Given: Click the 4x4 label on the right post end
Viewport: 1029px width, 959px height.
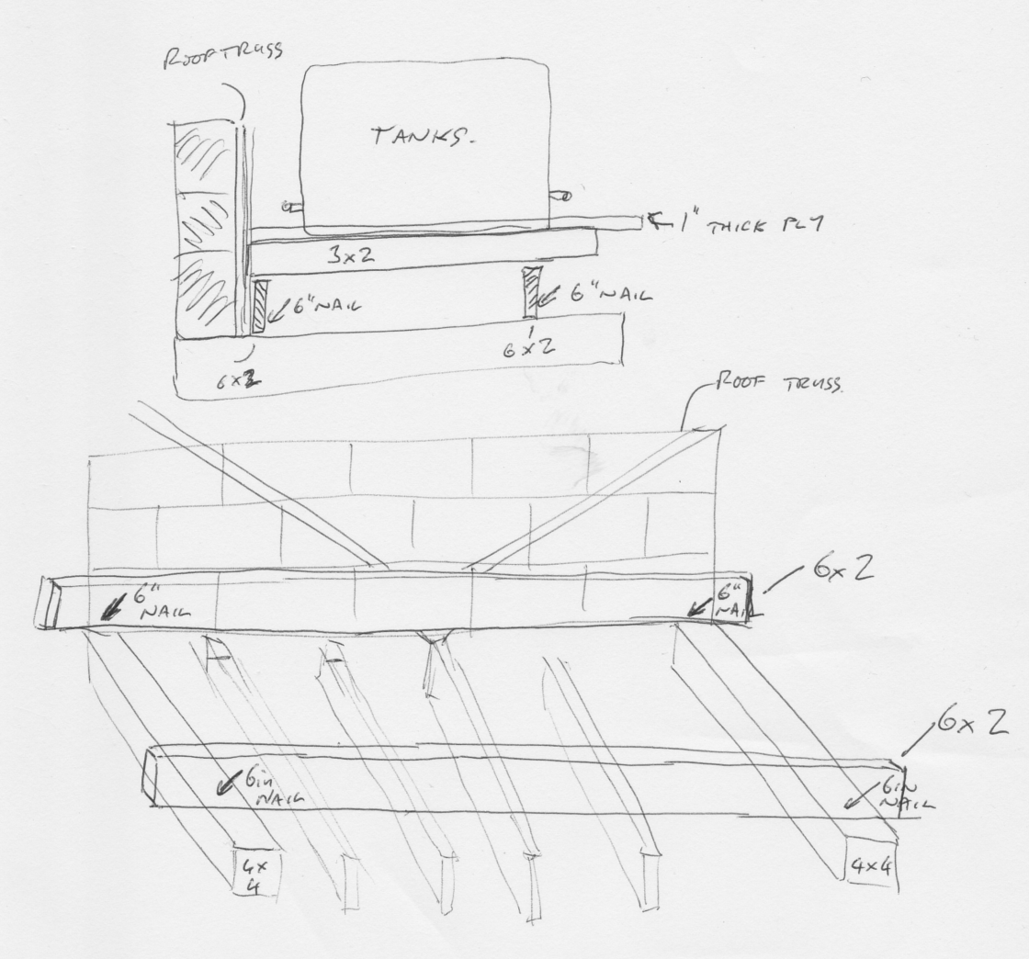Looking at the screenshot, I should [x=870, y=863].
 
